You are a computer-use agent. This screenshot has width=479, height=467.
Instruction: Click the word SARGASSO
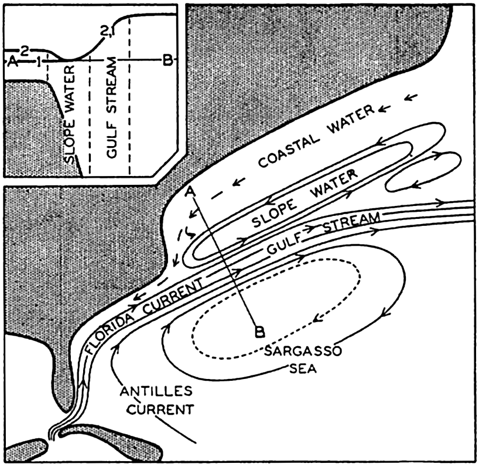click(303, 351)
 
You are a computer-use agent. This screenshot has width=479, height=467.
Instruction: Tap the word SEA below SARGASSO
click(303, 369)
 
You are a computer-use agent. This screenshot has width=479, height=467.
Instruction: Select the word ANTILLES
click(156, 391)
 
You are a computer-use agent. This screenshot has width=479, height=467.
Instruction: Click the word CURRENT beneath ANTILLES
click(160, 409)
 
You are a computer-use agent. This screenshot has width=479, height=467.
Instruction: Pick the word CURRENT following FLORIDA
click(173, 296)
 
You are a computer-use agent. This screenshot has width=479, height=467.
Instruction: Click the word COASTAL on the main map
click(289, 151)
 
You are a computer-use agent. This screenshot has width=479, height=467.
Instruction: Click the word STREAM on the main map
click(351, 221)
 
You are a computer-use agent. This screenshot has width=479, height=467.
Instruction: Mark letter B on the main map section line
click(259, 332)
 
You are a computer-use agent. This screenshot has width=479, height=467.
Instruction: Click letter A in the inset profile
click(12, 62)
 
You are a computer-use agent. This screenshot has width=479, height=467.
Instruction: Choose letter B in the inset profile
click(167, 60)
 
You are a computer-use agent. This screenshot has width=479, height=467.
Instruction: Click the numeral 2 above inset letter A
click(25, 51)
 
